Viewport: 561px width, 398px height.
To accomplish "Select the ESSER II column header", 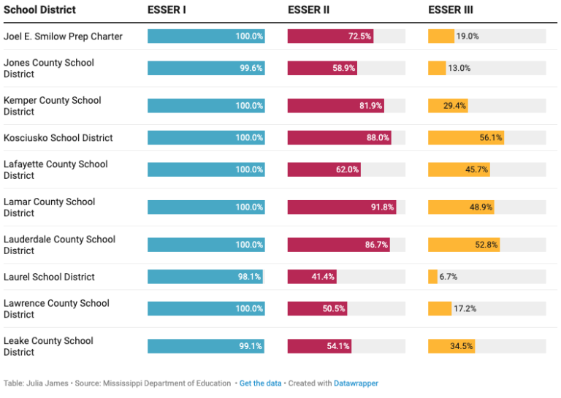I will coord(307,10).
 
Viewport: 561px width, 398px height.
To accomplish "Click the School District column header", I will coord(39,10).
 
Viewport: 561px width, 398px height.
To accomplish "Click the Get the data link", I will coord(260,383).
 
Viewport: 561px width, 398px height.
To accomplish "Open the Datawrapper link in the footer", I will coord(356,383).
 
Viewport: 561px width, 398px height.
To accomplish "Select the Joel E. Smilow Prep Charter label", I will coord(63,37).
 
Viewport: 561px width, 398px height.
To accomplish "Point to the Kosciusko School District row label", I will coord(58,138).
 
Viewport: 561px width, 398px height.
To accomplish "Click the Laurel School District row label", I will coord(49,277).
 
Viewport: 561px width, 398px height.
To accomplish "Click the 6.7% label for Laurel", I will coord(449,277).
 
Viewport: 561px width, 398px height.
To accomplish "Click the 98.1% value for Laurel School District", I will coord(250,277).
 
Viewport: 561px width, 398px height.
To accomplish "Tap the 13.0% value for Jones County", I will coord(459,69).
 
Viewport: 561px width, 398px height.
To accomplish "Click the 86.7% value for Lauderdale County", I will coord(377,245).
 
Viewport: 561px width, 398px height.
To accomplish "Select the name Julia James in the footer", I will coord(46,383).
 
